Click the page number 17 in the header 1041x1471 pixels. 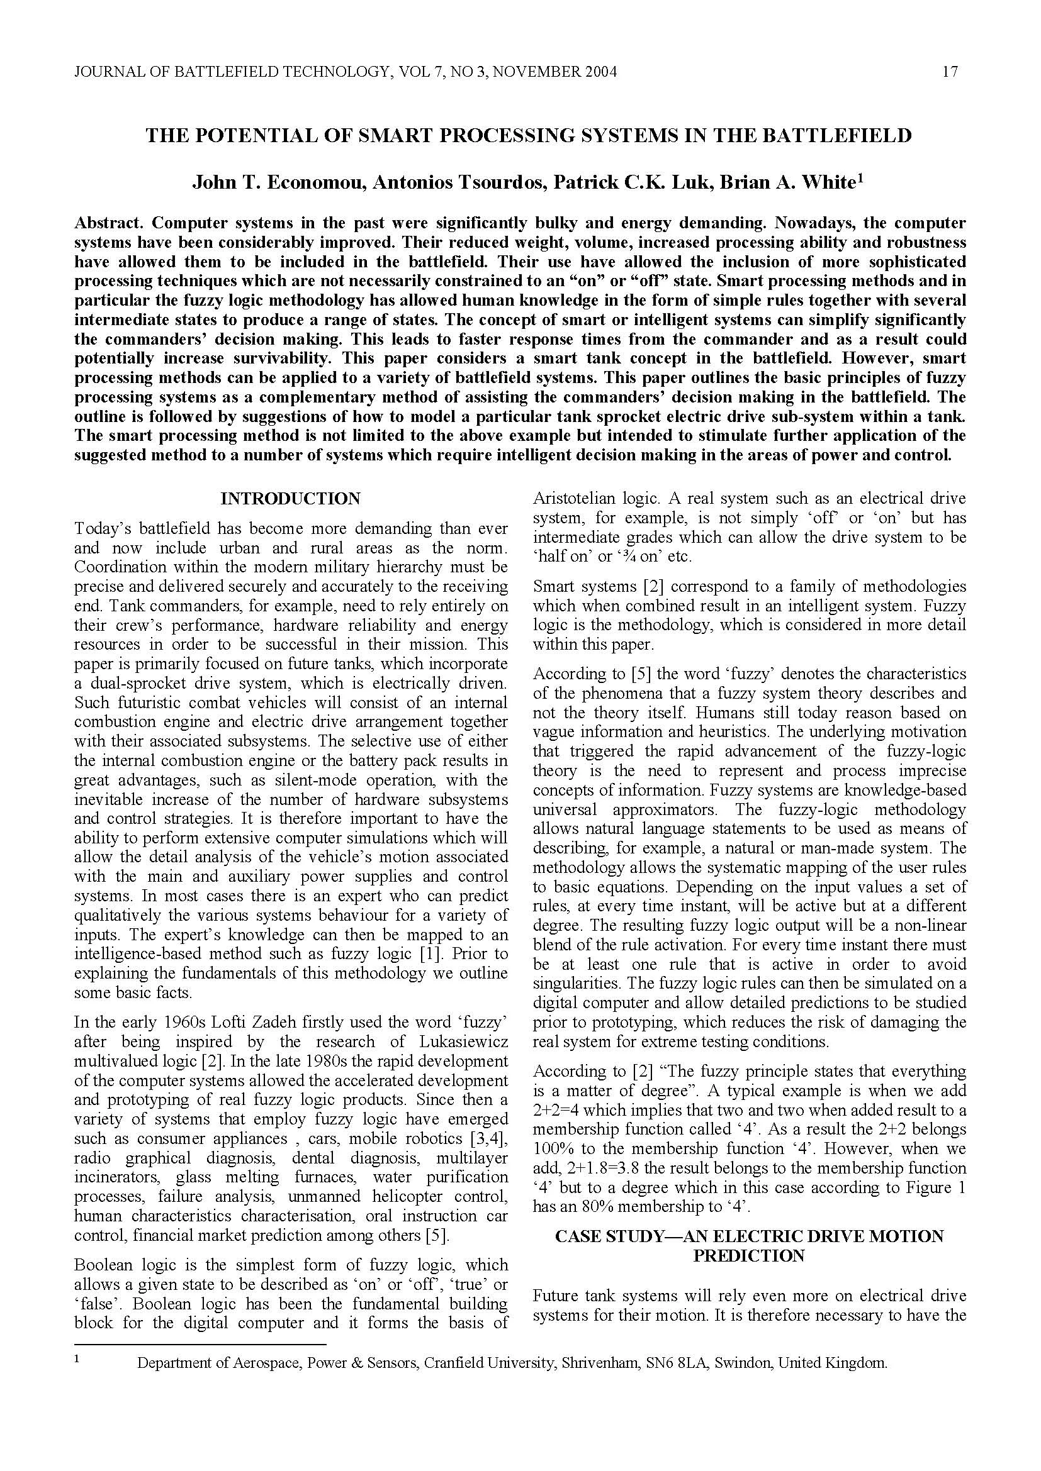coord(950,72)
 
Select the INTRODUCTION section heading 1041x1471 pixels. coord(290,499)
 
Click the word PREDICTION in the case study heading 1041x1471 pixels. coord(749,1255)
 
